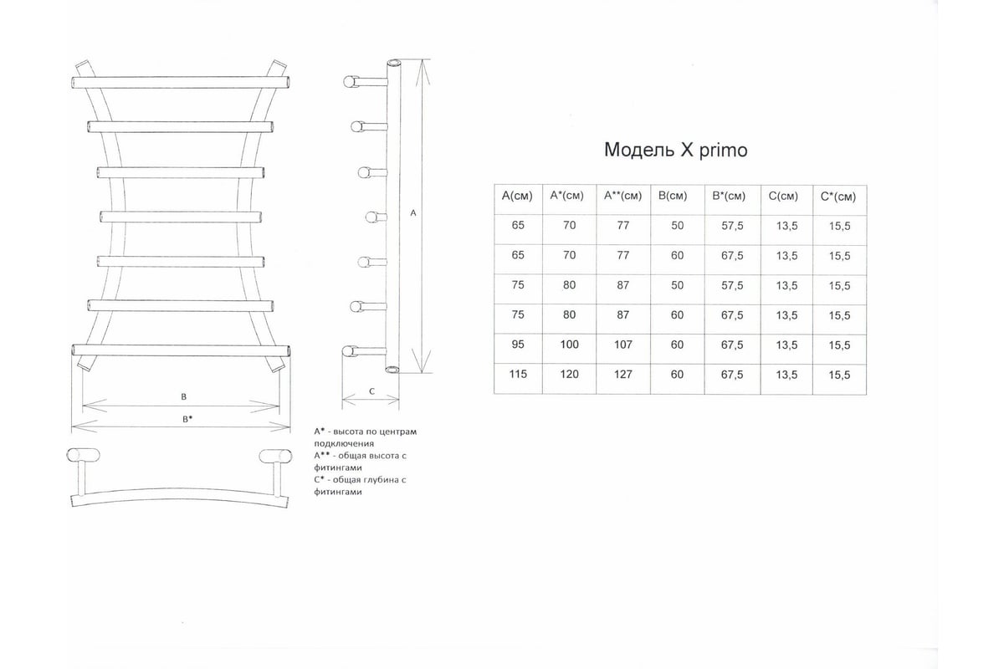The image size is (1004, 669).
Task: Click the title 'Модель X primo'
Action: (x=675, y=151)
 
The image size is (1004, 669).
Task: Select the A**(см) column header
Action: (x=623, y=196)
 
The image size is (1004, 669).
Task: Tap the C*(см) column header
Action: (x=838, y=197)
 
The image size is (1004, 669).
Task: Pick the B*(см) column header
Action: (x=729, y=197)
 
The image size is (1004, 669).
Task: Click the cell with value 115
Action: (x=518, y=374)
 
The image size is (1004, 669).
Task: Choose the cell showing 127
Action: (x=623, y=375)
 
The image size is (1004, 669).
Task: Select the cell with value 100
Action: (x=569, y=345)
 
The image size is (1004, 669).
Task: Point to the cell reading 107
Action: (x=623, y=345)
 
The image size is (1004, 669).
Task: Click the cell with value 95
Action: (x=518, y=345)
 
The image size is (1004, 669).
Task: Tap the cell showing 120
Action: (x=569, y=374)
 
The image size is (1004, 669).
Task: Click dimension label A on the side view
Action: (x=413, y=213)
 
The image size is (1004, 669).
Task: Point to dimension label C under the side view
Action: (x=371, y=391)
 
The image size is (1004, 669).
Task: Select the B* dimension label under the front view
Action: (x=187, y=419)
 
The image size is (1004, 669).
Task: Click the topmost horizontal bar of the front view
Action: (x=181, y=83)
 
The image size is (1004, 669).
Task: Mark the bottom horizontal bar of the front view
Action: (x=181, y=350)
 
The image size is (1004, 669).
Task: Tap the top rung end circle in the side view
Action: (x=349, y=82)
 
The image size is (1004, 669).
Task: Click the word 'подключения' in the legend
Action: (x=344, y=443)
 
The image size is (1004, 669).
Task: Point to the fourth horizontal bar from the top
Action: (x=181, y=217)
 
